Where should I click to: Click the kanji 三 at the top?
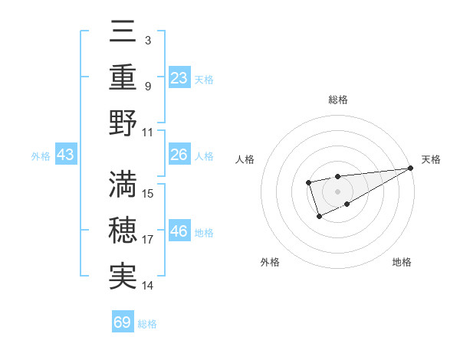pyautogui.click(x=123, y=31)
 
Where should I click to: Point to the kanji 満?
pyautogui.click(x=123, y=185)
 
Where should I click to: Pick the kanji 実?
pyautogui.click(x=123, y=277)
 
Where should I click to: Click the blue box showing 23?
pyautogui.click(x=179, y=77)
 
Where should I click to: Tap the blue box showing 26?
pyautogui.click(x=179, y=155)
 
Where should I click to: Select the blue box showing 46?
pyautogui.click(x=179, y=231)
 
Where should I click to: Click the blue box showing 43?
pyautogui.click(x=66, y=155)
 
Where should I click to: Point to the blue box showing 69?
pyautogui.click(x=123, y=322)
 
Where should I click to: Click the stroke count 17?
pyautogui.click(x=148, y=240)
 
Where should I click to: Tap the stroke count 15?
pyautogui.click(x=148, y=193)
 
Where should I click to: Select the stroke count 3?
pyautogui.click(x=147, y=39)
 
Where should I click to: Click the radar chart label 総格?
pyautogui.click(x=338, y=100)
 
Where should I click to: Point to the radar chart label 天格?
pyautogui.click(x=431, y=159)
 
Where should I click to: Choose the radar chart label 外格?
pyautogui.click(x=270, y=262)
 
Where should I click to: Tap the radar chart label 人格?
pyautogui.click(x=245, y=159)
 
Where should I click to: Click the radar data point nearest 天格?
pyautogui.click(x=411, y=168)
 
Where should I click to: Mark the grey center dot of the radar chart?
pyautogui.click(x=337, y=191)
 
